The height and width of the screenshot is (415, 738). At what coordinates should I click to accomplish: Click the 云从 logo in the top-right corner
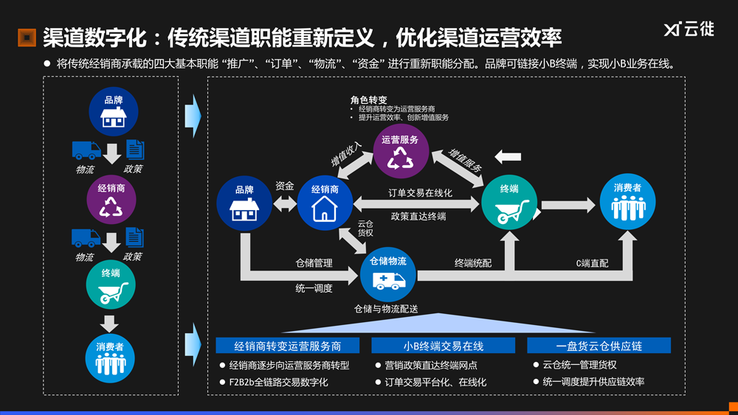click(x=689, y=30)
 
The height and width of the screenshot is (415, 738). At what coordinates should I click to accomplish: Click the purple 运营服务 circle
click(x=401, y=150)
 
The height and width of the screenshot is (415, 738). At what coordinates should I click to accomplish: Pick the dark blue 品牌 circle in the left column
click(x=113, y=111)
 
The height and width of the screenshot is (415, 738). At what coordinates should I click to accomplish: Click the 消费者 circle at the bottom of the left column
click(x=110, y=358)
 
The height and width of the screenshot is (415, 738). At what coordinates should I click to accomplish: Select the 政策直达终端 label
click(x=418, y=217)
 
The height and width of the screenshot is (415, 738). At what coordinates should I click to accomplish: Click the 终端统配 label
click(x=473, y=262)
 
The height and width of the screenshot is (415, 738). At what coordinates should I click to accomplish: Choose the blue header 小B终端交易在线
click(x=443, y=346)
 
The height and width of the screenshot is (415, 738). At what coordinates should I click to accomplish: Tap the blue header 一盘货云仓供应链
click(x=599, y=346)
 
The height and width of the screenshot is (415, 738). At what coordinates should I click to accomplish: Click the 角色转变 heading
click(x=369, y=100)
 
